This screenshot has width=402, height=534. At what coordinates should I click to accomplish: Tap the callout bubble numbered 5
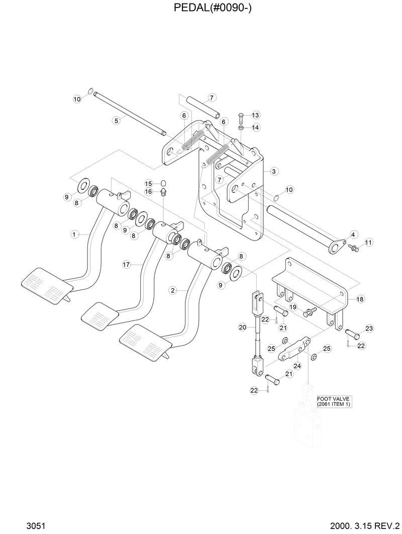coord(116,120)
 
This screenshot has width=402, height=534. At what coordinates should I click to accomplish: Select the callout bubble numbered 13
coord(255,115)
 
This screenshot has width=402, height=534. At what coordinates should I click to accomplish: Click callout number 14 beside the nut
coord(255,128)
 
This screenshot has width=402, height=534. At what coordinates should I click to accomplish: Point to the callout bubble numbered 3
coord(274,171)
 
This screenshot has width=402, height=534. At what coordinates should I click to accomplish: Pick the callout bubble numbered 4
coord(353,234)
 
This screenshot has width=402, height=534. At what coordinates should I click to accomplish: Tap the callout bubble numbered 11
coord(368,243)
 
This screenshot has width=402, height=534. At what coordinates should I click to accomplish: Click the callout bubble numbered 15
coord(149,183)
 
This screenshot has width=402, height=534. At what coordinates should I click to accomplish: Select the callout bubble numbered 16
coord(149,191)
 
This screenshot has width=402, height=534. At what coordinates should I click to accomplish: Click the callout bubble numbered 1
coord(74,234)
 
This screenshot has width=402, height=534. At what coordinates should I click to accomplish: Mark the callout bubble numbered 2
coord(173,290)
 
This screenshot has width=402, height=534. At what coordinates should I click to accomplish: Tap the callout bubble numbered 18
coord(360,299)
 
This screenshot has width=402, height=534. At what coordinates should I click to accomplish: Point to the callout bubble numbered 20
coord(242,327)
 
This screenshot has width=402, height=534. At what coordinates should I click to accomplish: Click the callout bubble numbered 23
coord(369,329)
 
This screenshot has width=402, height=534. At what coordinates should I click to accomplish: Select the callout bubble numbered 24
coord(297,366)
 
